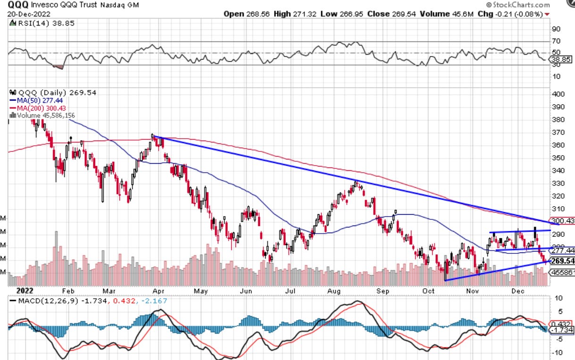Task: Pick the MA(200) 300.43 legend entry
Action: coord(44,108)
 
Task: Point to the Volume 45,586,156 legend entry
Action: coord(45,115)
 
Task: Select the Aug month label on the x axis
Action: coord(334,290)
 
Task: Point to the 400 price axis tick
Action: coord(558,93)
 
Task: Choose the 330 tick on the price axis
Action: coord(558,183)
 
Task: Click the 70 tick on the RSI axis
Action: coord(556,42)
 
